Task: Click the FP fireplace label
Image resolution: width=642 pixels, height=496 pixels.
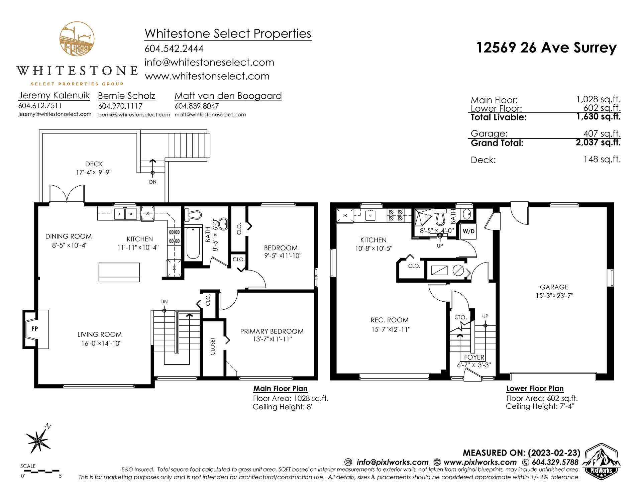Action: pyautogui.click(x=34, y=329)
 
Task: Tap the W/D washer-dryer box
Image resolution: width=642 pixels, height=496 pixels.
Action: pyautogui.click(x=468, y=231)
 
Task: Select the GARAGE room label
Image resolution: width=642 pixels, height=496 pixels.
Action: pyautogui.click(x=554, y=287)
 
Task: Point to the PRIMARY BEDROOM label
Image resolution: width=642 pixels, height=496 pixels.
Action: pyautogui.click(x=272, y=331)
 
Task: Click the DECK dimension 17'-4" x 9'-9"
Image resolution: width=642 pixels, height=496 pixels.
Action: pyautogui.click(x=94, y=173)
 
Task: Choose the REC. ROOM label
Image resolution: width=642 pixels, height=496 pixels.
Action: pyautogui.click(x=390, y=320)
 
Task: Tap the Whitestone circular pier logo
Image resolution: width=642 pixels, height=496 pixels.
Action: pyautogui.click(x=77, y=39)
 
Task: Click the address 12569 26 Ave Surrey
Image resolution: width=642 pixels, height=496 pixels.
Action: pyautogui.click(x=546, y=47)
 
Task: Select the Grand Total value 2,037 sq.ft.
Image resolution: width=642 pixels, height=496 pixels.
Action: pyautogui.click(x=598, y=142)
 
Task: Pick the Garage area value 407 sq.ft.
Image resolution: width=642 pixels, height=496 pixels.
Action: pyautogui.click(x=602, y=133)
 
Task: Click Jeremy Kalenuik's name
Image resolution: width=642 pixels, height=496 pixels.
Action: pyautogui.click(x=54, y=95)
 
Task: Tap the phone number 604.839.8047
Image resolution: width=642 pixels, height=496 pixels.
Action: pyautogui.click(x=197, y=106)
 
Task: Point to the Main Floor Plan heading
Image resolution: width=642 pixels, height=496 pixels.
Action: pyautogui.click(x=280, y=388)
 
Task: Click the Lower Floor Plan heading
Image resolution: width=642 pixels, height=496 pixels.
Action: pyautogui.click(x=535, y=388)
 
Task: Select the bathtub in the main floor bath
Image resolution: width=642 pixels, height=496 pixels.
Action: pyautogui.click(x=193, y=243)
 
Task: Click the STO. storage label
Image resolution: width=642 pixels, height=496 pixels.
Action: pyautogui.click(x=461, y=317)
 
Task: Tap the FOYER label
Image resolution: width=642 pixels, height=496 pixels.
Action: pyautogui.click(x=474, y=357)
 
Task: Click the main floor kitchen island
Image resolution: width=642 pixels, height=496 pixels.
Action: pyautogui.click(x=119, y=273)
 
